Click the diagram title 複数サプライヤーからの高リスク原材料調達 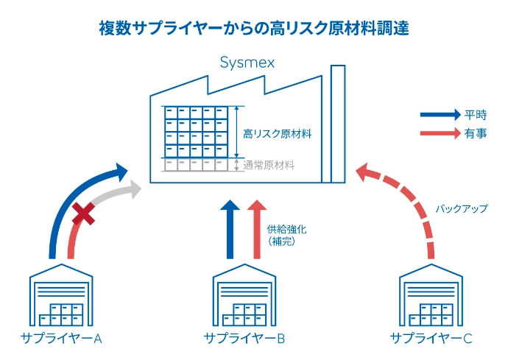click(254, 28)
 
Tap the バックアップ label click(462, 209)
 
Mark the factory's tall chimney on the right click(338, 125)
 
